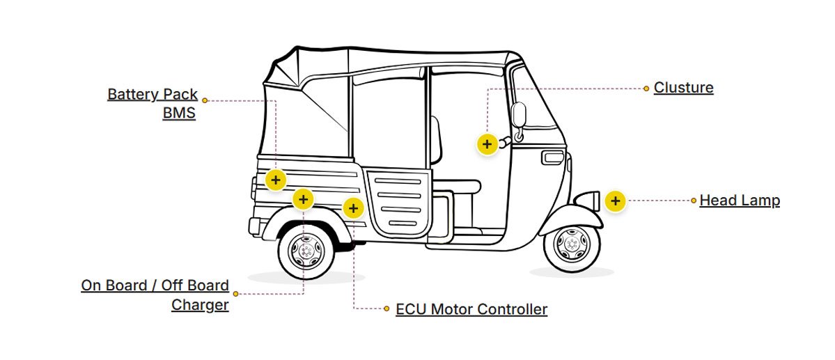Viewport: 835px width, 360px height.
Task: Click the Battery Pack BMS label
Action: click(153, 103)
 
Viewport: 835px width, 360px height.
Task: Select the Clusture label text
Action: click(683, 88)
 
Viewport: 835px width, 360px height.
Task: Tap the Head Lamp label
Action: click(740, 201)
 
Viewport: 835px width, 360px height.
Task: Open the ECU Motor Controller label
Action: click(471, 309)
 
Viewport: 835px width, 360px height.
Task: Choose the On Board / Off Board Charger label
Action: click(155, 295)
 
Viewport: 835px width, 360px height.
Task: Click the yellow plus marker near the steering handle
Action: click(487, 144)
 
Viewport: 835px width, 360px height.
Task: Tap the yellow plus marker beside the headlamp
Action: click(615, 201)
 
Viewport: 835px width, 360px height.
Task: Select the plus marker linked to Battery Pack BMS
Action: click(276, 180)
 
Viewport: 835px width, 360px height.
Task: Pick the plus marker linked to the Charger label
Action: click(303, 200)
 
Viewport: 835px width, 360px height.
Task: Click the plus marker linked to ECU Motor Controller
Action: click(354, 208)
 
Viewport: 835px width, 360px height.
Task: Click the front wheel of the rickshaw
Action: click(571, 244)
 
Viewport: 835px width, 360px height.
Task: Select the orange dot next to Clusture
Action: click(646, 88)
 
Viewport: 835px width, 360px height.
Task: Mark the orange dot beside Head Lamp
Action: click(694, 201)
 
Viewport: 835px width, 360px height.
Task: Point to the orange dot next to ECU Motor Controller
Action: click(387, 308)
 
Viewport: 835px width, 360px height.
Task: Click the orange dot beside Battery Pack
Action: click(205, 100)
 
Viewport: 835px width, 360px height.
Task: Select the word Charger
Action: click(200, 304)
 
